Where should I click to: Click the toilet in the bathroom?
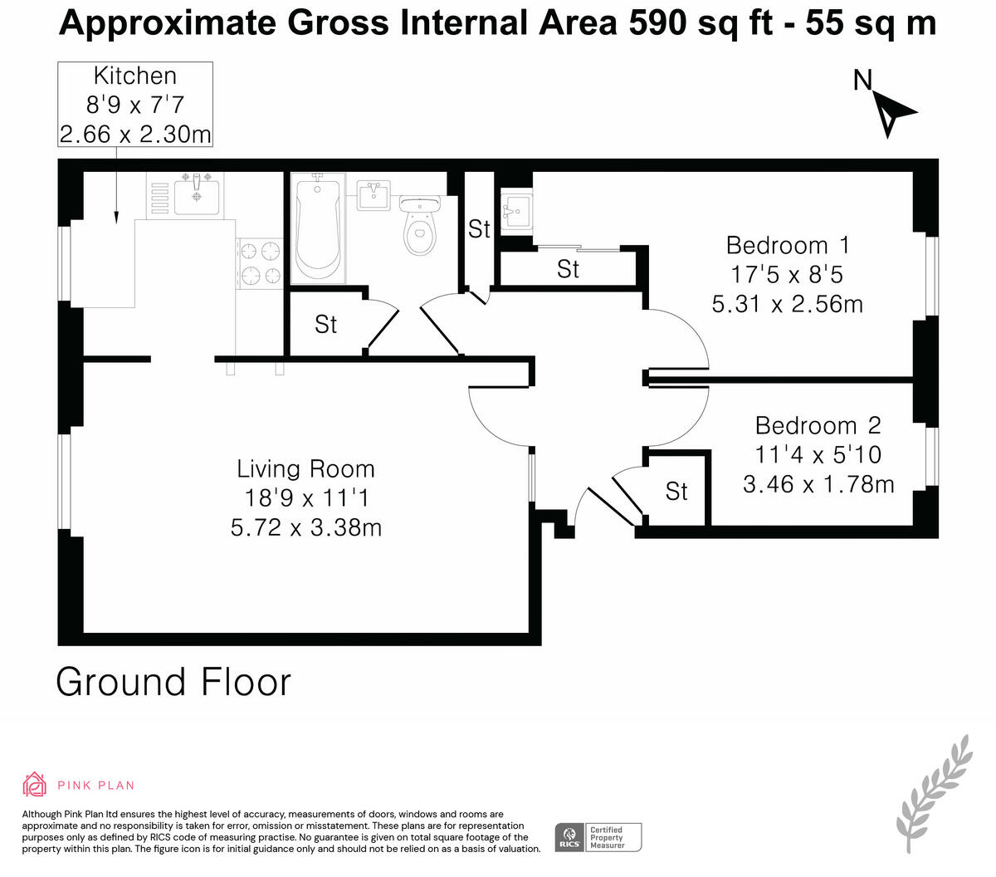tap(419, 225)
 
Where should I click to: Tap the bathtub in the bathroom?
tap(318, 229)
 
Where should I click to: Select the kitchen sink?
tap(196, 196)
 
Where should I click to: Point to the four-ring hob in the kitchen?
tap(260, 263)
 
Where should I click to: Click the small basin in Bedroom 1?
tap(515, 212)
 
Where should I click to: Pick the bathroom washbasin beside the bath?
tap(373, 195)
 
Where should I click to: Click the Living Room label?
tap(305, 468)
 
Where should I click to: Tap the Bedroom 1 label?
tap(788, 246)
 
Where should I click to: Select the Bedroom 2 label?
tap(818, 425)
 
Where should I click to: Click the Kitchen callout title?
tap(135, 76)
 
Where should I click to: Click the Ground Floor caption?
tap(173, 682)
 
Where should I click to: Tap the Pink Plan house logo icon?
tap(34, 784)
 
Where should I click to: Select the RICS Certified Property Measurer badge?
tap(598, 837)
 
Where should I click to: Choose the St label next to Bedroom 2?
tap(676, 492)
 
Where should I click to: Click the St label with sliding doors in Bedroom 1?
tap(568, 269)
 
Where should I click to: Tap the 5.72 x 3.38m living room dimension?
tap(305, 527)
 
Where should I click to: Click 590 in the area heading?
tap(657, 22)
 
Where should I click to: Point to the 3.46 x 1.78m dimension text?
tap(818, 484)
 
